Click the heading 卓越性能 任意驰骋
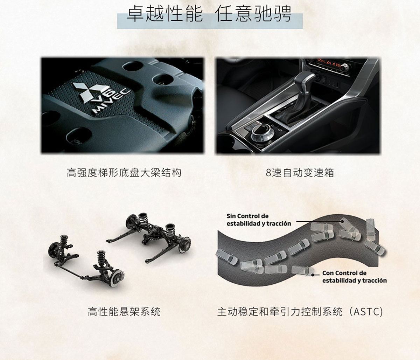point(209,14)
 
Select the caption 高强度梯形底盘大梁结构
point(124,173)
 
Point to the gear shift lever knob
point(305,82)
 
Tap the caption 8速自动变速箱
point(300,173)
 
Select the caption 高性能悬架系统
point(124,312)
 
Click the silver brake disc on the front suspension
point(117,278)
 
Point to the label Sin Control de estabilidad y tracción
point(259,220)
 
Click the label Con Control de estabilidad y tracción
point(354,277)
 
